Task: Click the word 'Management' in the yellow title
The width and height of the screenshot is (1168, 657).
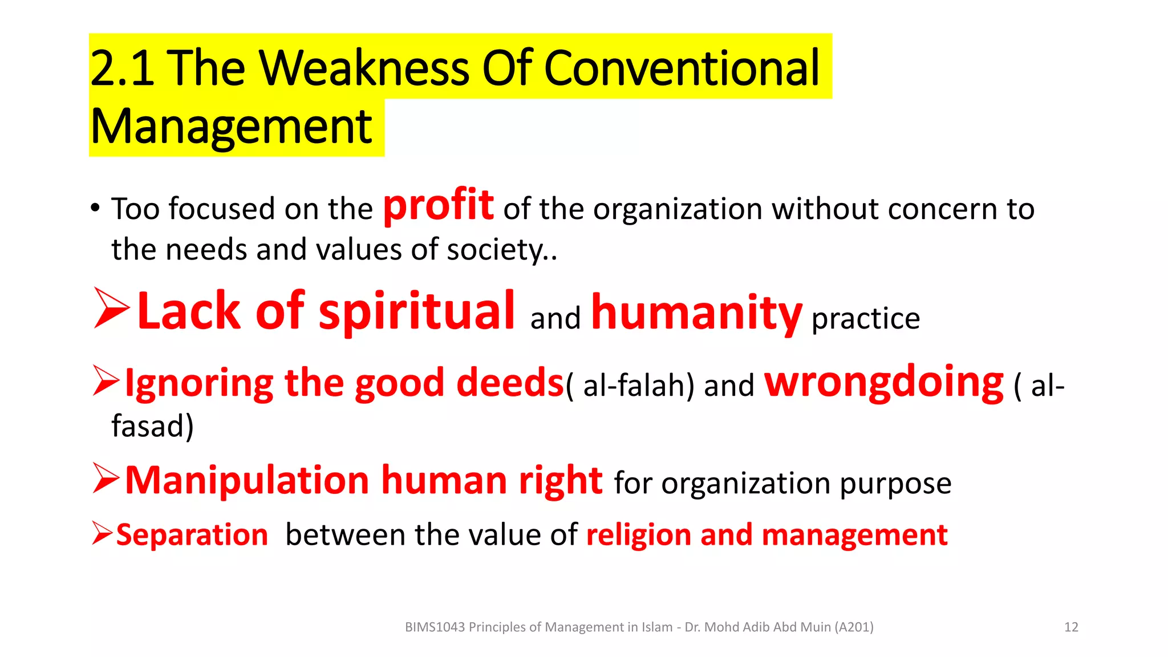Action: (231, 127)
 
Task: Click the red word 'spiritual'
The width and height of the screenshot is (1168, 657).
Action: (417, 311)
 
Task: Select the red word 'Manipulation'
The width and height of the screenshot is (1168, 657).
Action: (247, 480)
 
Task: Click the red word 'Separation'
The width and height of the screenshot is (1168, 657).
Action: (192, 535)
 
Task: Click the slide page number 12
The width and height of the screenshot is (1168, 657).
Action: (1071, 627)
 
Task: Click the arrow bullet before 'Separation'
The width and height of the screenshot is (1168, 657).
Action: (102, 534)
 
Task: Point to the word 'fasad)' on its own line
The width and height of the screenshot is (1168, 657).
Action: (152, 426)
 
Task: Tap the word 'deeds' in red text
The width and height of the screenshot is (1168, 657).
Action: (510, 383)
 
